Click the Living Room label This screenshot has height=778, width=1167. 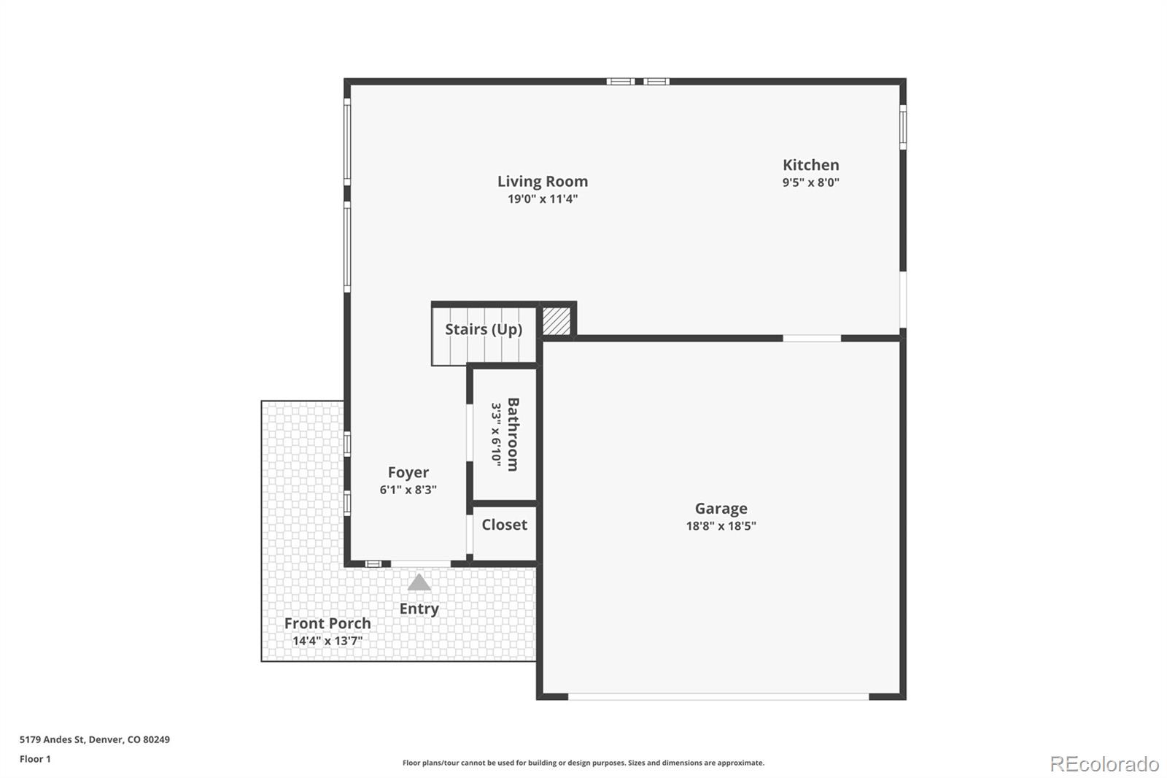click(542, 181)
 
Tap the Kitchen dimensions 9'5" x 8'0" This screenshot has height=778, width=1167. click(810, 182)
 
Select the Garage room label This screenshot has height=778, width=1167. click(721, 508)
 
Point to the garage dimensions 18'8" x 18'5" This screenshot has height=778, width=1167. click(721, 525)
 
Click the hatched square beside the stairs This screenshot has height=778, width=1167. click(557, 321)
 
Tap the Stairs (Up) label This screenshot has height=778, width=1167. click(484, 329)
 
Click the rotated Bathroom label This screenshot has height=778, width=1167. click(513, 434)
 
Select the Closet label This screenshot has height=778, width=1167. click(504, 525)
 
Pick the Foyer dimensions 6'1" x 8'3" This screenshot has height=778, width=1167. click(408, 490)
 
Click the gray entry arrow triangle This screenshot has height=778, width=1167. click(419, 582)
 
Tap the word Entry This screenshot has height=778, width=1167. click(419, 609)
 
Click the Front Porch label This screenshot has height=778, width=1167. click(327, 623)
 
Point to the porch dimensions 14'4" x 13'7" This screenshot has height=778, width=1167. click(327, 641)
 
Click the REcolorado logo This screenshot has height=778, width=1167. click(1104, 764)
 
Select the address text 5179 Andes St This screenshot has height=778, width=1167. click(53, 739)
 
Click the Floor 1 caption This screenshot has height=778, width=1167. click(35, 759)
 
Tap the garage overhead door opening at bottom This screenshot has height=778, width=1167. click(718, 697)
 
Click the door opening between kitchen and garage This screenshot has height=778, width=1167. click(812, 338)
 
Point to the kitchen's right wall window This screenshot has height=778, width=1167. click(902, 126)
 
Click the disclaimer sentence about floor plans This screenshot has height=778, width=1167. click(583, 763)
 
